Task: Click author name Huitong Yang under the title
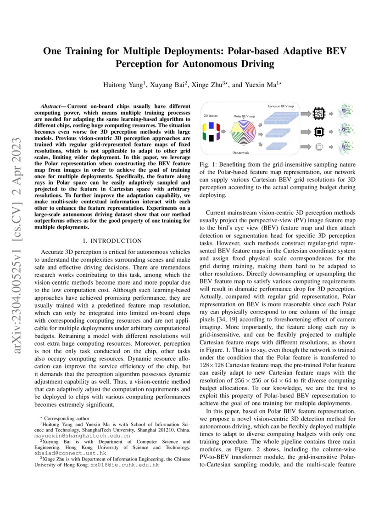[120, 85]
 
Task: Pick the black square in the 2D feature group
[211, 138]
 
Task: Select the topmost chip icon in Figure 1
[318, 112]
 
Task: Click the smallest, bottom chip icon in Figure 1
[318, 147]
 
